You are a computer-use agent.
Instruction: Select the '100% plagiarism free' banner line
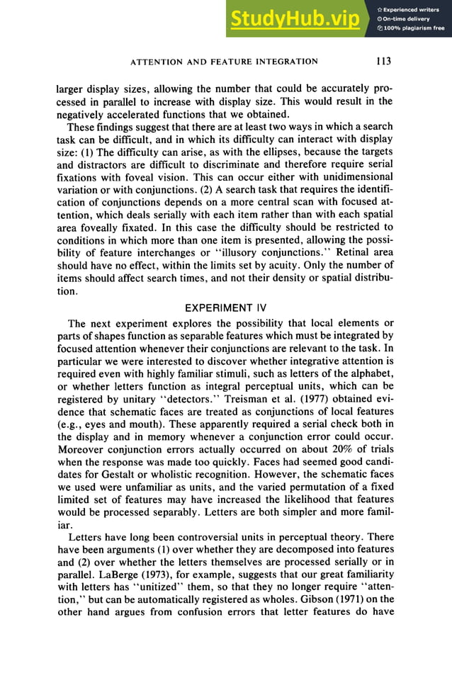(411, 28)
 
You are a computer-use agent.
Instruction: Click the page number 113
(383, 62)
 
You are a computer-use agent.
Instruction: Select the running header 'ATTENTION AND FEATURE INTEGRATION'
(225, 62)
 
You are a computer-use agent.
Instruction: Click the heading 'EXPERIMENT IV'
(225, 309)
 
